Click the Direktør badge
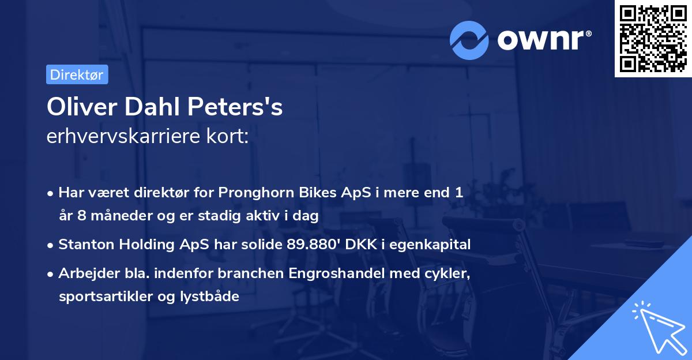coord(77,74)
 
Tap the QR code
coord(653,39)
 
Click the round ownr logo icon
coord(469,40)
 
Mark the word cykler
coord(447,273)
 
